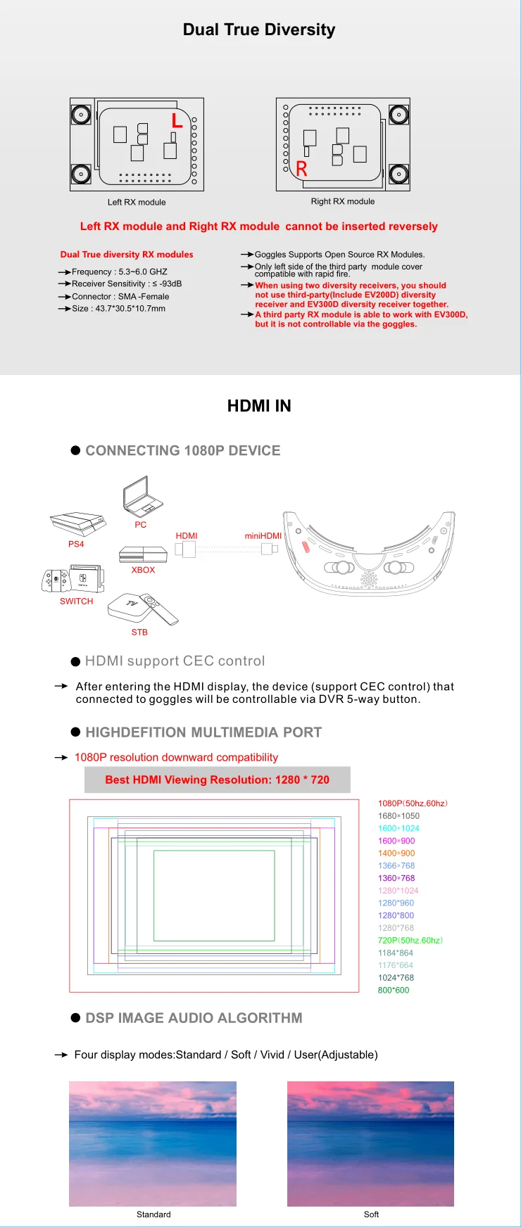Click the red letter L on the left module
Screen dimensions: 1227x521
[177, 120]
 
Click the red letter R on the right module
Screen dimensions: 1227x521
[301, 169]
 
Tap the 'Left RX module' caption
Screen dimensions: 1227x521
[137, 203]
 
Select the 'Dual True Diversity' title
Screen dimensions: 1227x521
[259, 30]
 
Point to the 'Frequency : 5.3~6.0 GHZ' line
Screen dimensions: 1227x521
[120, 272]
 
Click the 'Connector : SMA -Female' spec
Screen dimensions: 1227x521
[120, 297]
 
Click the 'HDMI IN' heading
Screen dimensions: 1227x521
[259, 406]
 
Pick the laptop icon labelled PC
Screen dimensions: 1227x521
[143, 496]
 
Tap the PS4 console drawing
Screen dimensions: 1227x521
[77, 523]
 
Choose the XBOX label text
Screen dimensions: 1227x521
[143, 570]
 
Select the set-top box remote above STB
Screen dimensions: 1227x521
[160, 609]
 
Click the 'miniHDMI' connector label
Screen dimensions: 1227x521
[263, 536]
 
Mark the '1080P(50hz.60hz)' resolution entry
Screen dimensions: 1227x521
[413, 803]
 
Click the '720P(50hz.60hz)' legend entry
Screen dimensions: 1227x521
[410, 941]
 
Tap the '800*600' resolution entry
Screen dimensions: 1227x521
[394, 991]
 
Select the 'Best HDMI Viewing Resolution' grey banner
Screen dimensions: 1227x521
[217, 780]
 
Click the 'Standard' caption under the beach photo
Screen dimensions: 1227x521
[153, 1214]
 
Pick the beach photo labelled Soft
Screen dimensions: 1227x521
[370, 1143]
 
